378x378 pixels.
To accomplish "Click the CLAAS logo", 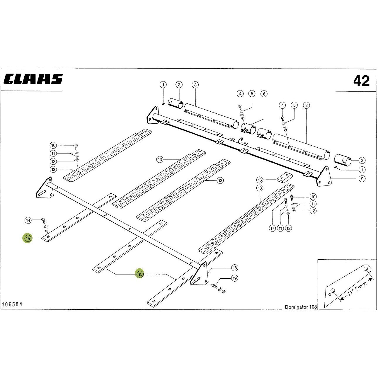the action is (33, 79).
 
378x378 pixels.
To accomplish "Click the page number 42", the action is (361, 81).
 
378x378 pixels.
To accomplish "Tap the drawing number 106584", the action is (12, 310).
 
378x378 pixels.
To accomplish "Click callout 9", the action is (362, 179).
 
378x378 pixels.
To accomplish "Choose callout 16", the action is (260, 180).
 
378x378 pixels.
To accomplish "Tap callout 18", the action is (234, 268).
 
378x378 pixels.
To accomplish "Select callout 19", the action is (234, 278).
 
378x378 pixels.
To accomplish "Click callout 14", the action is (28, 220).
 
